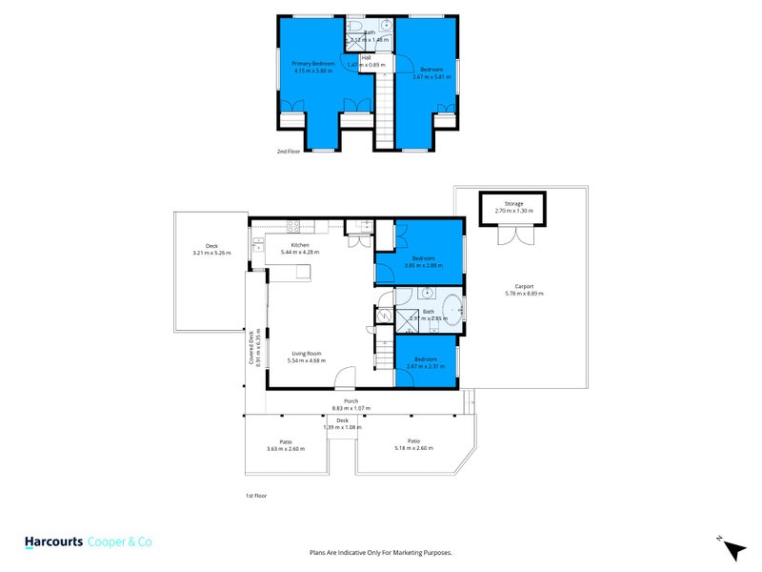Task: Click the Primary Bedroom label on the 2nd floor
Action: click(x=313, y=64)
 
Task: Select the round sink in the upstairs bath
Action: click(x=386, y=27)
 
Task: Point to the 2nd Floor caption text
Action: click(x=289, y=152)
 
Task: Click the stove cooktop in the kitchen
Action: click(x=293, y=226)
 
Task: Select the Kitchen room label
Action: click(x=300, y=245)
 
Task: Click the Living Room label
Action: click(x=309, y=354)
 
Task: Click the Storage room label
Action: click(x=513, y=203)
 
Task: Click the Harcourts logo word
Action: click(x=53, y=541)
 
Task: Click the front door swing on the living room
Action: click(x=350, y=378)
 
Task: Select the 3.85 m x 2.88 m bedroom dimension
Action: click(x=424, y=265)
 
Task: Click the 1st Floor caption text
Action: click(x=256, y=496)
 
